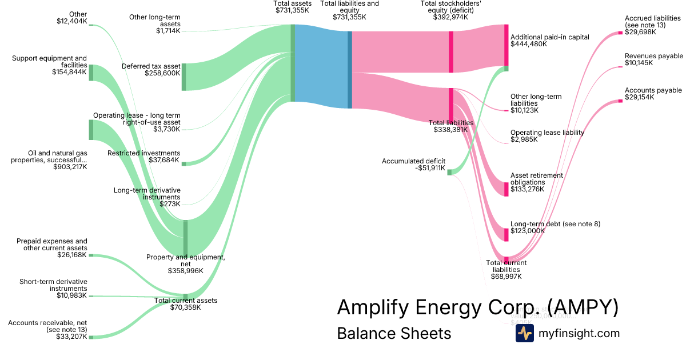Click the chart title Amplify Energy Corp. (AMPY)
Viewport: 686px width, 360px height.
[x=477, y=307]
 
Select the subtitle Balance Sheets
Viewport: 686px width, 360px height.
[x=394, y=333]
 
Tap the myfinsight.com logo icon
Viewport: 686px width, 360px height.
[x=524, y=333]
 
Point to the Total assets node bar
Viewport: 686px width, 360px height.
[x=293, y=63]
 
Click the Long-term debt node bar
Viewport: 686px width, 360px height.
[x=506, y=234]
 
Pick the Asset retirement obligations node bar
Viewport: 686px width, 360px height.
[x=506, y=189]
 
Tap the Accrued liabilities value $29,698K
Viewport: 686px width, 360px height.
[x=640, y=33]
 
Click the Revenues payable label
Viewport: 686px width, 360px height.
[x=654, y=56]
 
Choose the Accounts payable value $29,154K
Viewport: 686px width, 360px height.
[x=640, y=98]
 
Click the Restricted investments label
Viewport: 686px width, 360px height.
[x=144, y=153]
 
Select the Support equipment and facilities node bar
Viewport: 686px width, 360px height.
[x=90, y=73]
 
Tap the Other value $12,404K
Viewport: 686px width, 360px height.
[x=72, y=22]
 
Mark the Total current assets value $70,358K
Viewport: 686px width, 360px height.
[x=186, y=307]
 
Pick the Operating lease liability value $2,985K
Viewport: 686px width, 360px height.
[x=524, y=139]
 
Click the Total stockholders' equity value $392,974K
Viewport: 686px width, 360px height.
[x=450, y=17]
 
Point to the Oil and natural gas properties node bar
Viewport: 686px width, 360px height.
[x=90, y=130]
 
